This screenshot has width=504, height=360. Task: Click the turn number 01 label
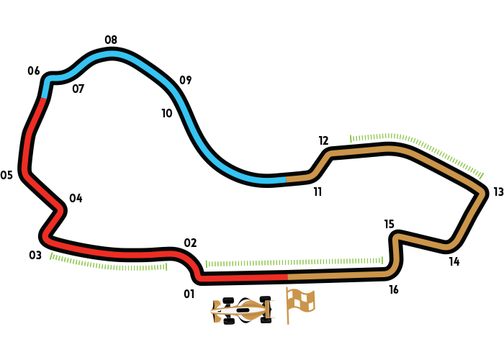189,294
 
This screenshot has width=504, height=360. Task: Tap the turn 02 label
190,243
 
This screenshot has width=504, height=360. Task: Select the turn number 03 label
35,255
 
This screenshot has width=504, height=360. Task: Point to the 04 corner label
76,198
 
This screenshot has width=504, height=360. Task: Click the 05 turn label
6,175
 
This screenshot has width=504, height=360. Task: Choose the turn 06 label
34,71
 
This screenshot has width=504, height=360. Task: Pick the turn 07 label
78,89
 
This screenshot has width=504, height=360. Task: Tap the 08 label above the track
111,40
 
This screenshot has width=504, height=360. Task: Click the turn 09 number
186,80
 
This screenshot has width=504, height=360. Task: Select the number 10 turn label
167,113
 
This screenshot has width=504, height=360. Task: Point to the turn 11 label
318,192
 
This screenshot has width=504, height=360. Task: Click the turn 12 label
323,141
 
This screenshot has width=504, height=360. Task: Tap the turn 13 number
498,192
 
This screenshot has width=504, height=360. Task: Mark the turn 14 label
454,261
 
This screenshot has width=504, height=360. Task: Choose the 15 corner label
390,224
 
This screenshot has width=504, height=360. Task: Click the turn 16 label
394,289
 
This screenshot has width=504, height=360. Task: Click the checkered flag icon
300,306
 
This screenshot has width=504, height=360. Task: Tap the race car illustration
243,310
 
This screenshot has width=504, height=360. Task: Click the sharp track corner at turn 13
482,192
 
